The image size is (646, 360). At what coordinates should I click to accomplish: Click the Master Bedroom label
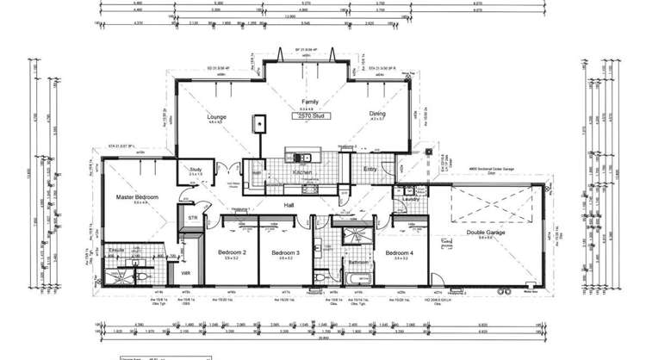[138, 197]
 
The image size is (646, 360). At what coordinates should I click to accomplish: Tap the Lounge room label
[215, 115]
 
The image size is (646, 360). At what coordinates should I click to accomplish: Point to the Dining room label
[377, 114]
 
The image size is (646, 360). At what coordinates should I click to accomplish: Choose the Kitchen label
[302, 172]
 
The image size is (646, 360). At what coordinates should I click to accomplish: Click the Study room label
[196, 170]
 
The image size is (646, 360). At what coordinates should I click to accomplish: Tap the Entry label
[370, 169]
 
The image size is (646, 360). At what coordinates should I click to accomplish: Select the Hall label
[291, 205]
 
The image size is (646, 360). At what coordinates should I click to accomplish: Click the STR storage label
[193, 219]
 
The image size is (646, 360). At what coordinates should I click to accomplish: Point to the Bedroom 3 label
[285, 252]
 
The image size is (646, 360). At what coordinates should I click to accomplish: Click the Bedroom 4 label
[399, 252]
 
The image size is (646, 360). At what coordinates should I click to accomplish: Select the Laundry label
[410, 200]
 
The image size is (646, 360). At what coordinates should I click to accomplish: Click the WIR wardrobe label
[184, 273]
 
